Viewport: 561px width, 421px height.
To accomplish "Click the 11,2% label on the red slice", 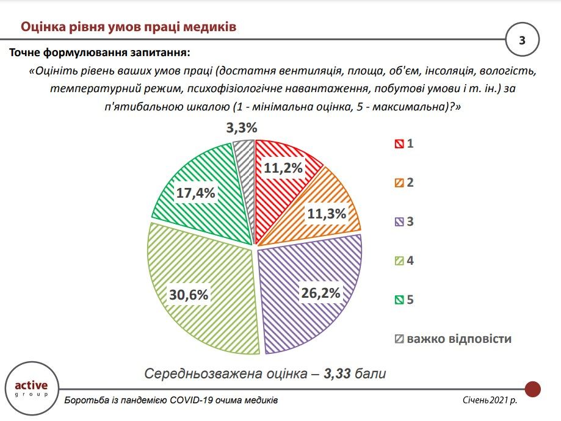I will [283, 169].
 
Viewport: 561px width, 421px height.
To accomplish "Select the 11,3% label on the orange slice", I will [327, 214].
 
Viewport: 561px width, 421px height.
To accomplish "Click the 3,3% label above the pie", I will [241, 128].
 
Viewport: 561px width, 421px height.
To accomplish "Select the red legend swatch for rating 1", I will [399, 144].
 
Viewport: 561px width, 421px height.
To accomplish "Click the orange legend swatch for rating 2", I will [399, 183].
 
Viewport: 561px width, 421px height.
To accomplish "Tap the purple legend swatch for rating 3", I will [399, 222].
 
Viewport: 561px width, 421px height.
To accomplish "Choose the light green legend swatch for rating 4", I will [399, 261].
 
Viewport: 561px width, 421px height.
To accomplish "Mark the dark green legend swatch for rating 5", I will [399, 300].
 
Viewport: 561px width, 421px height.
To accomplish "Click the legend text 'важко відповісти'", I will [459, 339].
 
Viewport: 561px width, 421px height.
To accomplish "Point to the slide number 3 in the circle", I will [523, 41].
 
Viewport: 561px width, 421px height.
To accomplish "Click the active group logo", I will [35, 389].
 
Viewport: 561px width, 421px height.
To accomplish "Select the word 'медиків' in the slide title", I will [206, 27].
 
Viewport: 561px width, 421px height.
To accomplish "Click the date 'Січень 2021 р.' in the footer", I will [490, 401].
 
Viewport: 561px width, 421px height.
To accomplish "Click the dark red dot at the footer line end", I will [533, 389].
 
